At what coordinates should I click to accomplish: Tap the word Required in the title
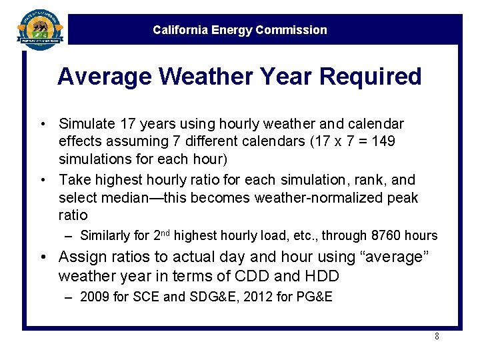tap(371, 77)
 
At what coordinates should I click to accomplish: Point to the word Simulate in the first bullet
tap(86, 124)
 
